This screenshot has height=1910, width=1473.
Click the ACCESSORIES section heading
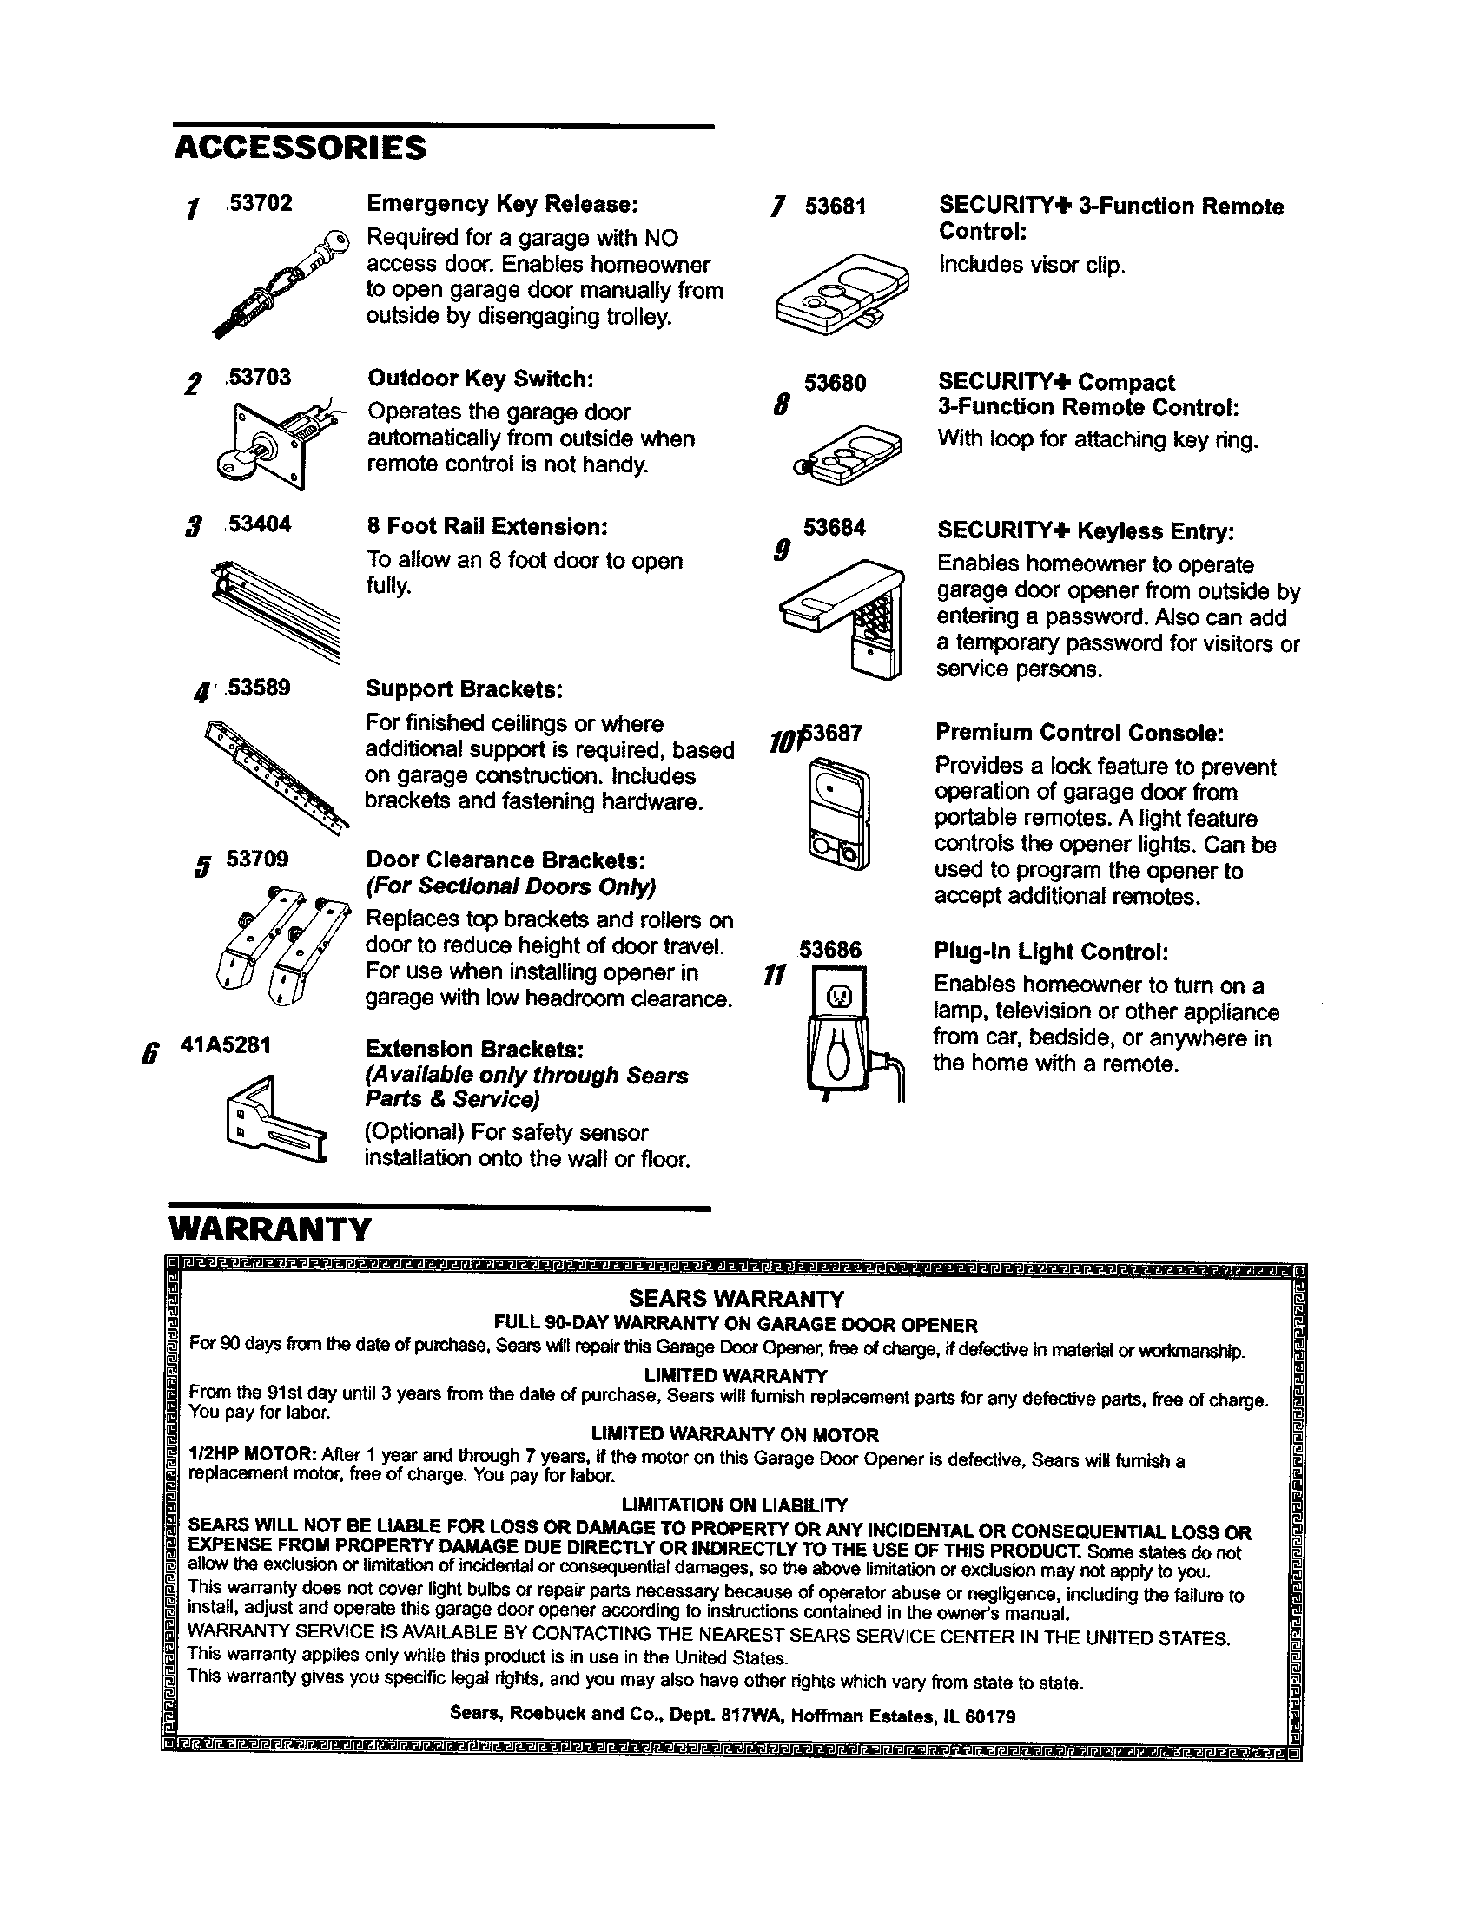300,148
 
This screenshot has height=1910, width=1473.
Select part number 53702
259,204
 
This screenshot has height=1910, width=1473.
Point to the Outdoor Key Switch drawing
267,444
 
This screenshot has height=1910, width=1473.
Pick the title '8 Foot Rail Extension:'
486,526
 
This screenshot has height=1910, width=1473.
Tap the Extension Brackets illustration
274,1121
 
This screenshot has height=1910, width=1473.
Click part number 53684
835,527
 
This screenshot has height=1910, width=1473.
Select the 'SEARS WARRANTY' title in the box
736,1299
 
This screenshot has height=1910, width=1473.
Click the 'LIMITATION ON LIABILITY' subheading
734,1505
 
